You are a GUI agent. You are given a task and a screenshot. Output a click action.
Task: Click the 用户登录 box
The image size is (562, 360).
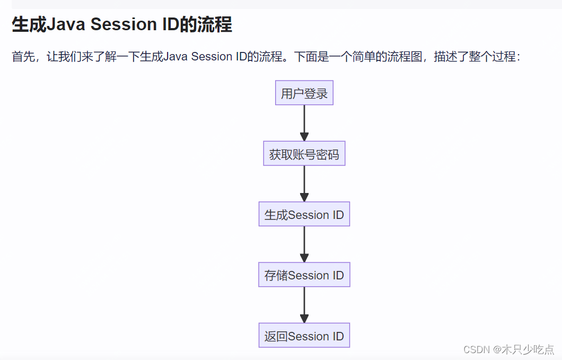pyautogui.click(x=304, y=93)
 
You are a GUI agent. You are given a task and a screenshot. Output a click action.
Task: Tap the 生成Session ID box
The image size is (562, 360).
pyautogui.click(x=304, y=214)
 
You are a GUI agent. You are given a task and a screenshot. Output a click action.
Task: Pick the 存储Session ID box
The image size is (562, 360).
pyautogui.click(x=304, y=275)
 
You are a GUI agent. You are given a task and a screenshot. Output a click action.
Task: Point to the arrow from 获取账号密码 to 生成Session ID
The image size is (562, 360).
pyautogui.click(x=304, y=183)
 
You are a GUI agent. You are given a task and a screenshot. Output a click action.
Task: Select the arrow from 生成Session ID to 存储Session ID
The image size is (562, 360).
pyautogui.click(x=304, y=244)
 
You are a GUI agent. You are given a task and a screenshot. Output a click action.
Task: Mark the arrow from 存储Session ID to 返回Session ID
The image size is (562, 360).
pyautogui.click(x=304, y=305)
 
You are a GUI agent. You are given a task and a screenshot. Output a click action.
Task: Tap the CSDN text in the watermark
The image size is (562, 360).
pyautogui.click(x=476, y=349)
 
